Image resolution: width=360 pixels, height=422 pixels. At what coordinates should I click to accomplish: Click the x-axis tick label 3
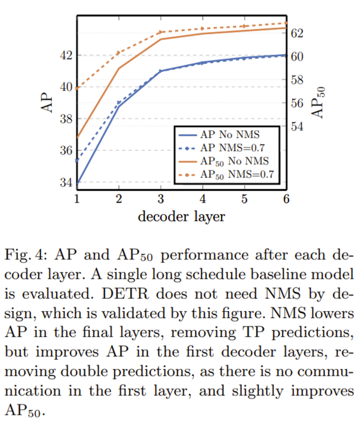pos(161,199)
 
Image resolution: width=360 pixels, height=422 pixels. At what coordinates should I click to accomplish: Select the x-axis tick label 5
pos(244,199)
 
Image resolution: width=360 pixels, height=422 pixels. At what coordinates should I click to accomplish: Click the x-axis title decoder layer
pos(181,216)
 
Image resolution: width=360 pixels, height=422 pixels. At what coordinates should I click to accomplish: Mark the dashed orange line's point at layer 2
pos(119,52)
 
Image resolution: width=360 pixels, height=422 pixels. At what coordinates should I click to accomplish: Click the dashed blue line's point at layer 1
pos(77,160)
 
